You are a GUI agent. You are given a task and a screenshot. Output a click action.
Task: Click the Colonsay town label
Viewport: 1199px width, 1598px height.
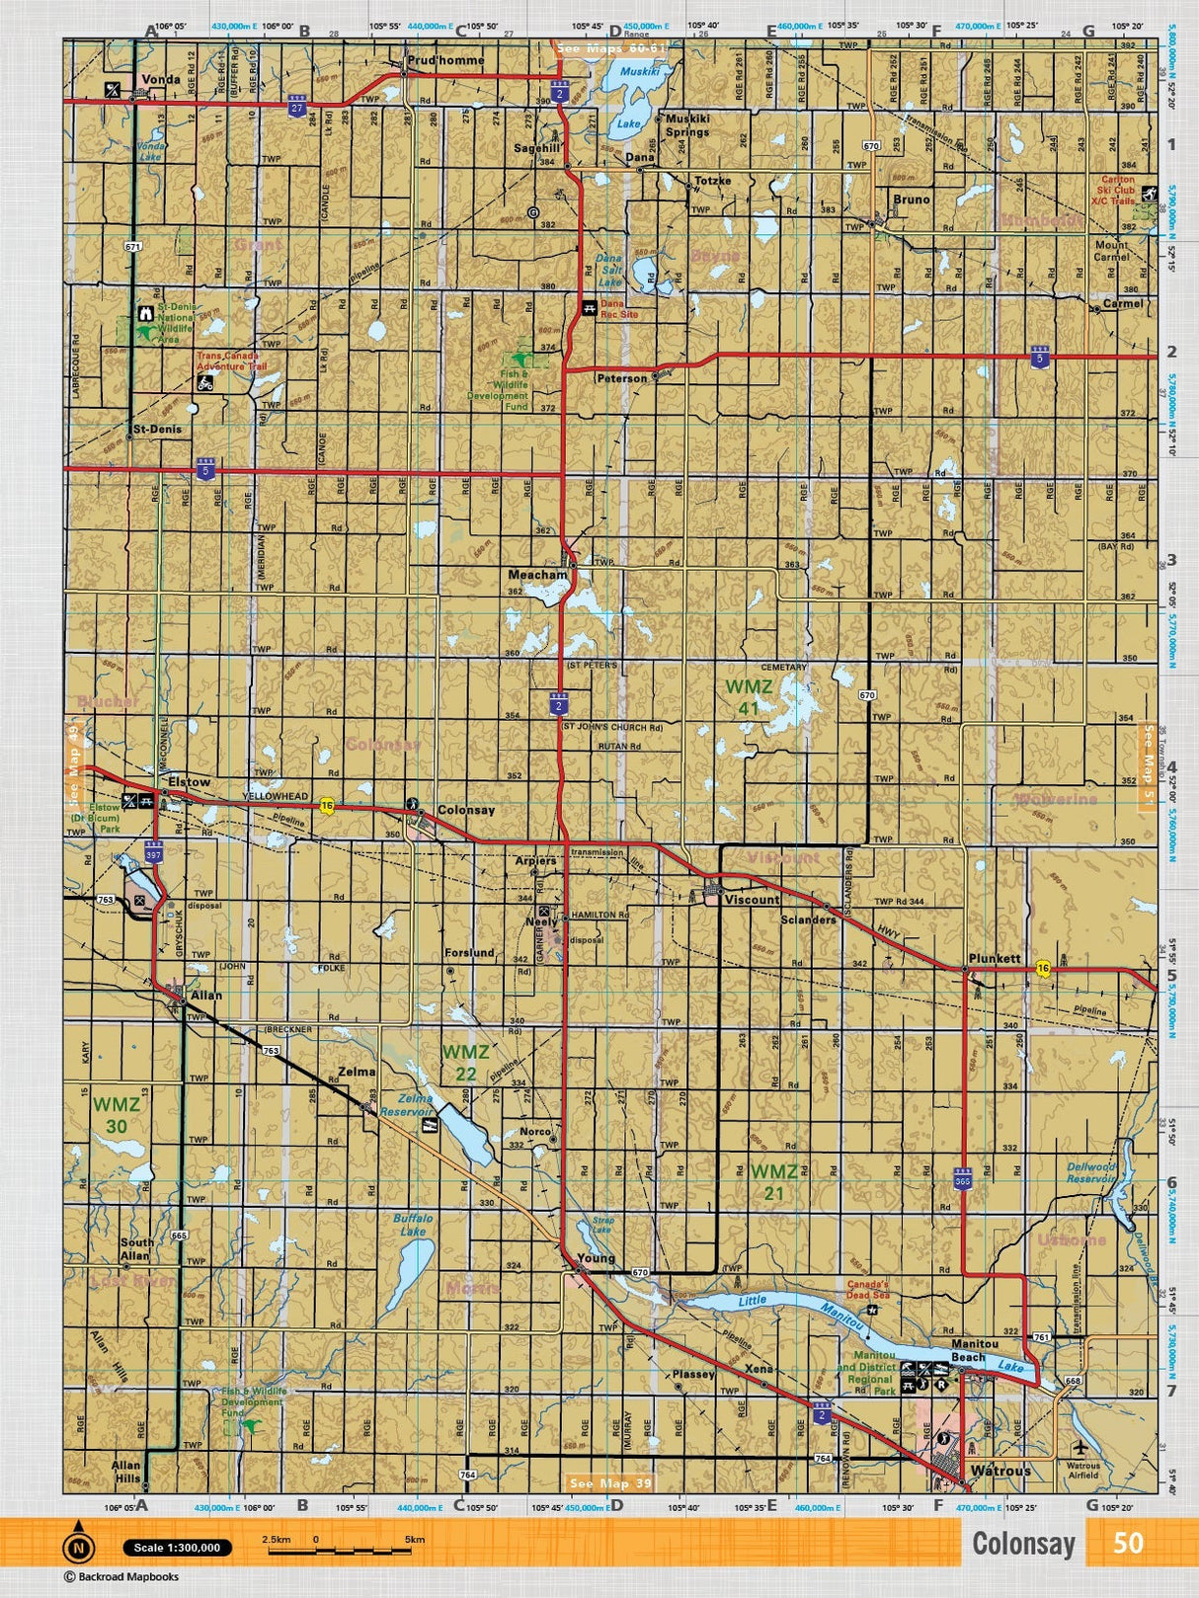pos(465,810)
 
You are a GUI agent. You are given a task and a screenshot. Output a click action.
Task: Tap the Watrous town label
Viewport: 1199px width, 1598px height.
pos(1001,1471)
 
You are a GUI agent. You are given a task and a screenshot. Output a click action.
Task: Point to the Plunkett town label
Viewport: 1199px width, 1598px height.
pos(994,959)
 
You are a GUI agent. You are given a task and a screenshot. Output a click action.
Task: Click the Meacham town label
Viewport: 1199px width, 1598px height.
pos(537,574)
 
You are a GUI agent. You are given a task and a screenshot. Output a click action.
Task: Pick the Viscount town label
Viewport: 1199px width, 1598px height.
pos(752,900)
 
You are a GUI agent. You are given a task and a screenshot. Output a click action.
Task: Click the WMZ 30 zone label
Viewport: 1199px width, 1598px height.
pos(117,1115)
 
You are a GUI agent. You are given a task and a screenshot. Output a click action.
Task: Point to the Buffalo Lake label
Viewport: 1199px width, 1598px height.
pos(413,1225)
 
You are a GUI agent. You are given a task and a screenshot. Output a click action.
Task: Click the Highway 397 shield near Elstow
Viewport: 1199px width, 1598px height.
pos(153,850)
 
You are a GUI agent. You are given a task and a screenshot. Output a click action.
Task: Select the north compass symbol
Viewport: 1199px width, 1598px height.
pos(78,1547)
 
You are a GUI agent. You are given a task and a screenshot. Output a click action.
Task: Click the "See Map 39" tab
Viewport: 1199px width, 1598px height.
pos(611,1483)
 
